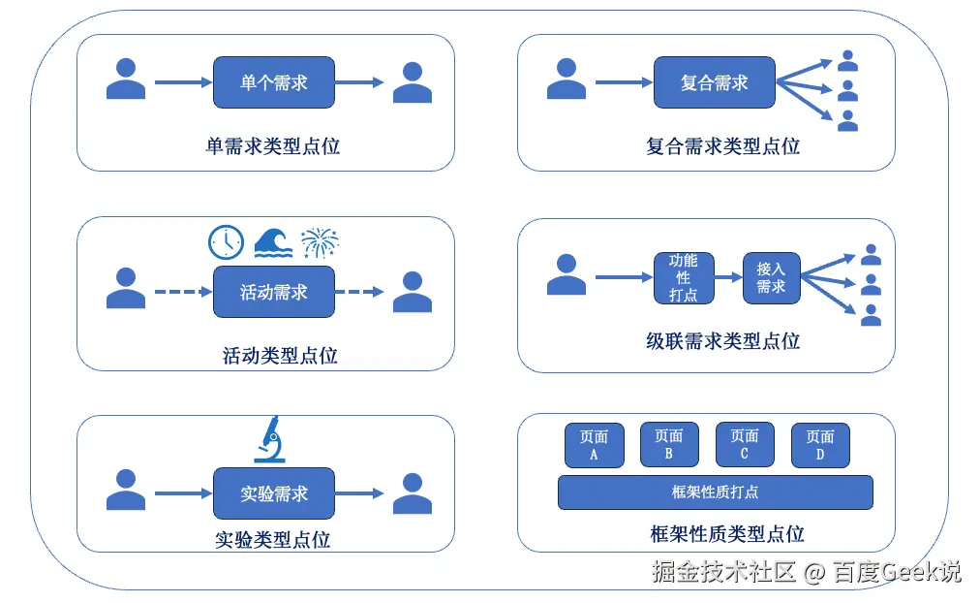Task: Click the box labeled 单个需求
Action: tap(274, 82)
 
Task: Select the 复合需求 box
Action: tap(715, 82)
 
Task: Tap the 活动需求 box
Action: tap(274, 292)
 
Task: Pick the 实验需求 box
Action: tap(274, 493)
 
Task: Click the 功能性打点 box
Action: tap(684, 277)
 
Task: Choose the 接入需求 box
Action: tap(771, 278)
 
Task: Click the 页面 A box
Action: tap(594, 445)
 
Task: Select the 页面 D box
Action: tap(820, 445)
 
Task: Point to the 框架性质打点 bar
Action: tap(715, 492)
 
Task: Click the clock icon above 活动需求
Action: tap(227, 241)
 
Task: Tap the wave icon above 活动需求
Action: tap(274, 242)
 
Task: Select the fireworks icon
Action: tap(320, 242)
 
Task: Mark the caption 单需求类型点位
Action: tap(273, 146)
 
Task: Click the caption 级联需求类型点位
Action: tap(722, 341)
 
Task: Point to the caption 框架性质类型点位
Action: tap(727, 534)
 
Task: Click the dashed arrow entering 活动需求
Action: tap(182, 292)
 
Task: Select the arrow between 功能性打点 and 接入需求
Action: tap(728, 278)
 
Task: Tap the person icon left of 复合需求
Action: tap(567, 79)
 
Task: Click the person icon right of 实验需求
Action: tap(413, 492)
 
